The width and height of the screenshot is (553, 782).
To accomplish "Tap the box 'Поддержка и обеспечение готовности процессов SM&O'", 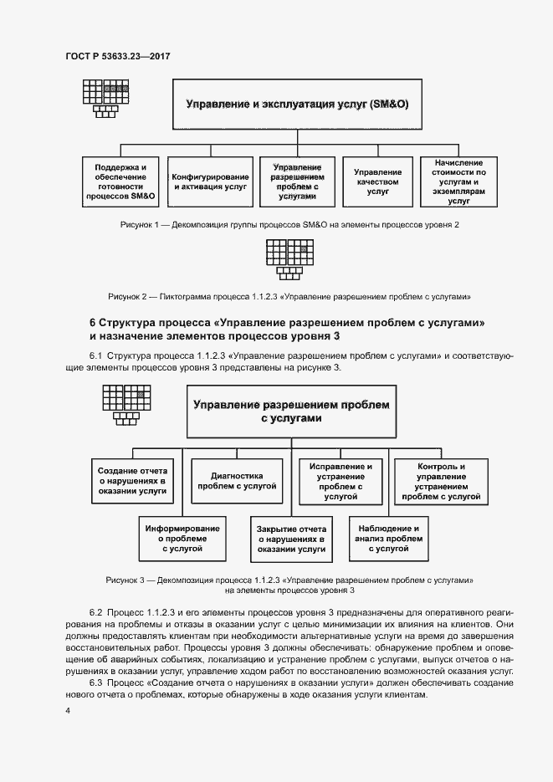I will click(x=120, y=180).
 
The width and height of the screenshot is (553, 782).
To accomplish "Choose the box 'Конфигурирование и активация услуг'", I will click(x=210, y=180).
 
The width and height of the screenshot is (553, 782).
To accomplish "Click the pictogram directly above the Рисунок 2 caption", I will click(x=289, y=258).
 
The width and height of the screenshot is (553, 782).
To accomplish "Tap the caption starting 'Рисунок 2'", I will click(x=289, y=296).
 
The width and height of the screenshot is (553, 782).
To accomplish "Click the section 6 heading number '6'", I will click(x=93, y=323).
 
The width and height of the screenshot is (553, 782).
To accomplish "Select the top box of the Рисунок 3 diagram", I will click(x=291, y=412).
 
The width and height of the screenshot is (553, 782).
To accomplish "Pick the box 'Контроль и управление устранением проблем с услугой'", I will click(x=440, y=481).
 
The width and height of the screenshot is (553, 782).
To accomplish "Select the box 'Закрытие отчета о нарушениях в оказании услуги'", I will click(x=291, y=539).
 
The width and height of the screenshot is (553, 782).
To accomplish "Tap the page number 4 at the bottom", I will click(x=67, y=711).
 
